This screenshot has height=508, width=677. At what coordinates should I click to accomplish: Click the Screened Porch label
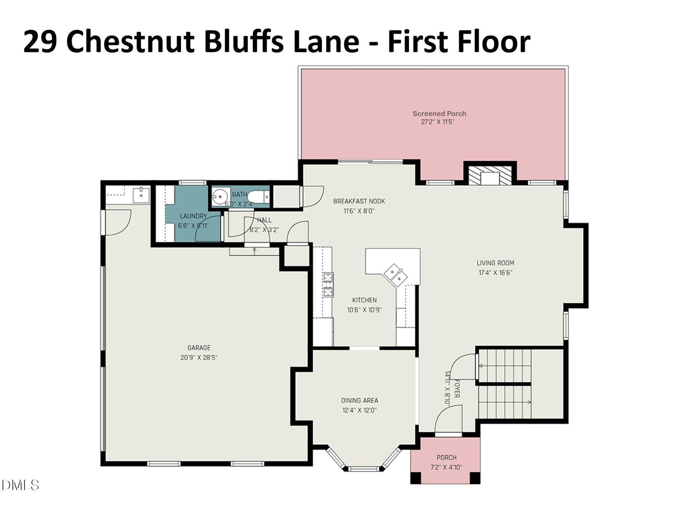click(439, 114)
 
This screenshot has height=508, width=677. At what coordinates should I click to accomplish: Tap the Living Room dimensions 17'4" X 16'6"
click(495, 273)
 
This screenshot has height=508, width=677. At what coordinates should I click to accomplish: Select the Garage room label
click(199, 348)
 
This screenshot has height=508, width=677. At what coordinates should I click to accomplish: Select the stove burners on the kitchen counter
click(328, 284)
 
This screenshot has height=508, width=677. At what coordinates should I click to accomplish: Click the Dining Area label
click(359, 401)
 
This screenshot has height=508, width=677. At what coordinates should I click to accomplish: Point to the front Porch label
click(446, 457)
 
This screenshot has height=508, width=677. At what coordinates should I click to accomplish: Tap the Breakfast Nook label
click(359, 201)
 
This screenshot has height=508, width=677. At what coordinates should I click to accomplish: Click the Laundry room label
click(193, 216)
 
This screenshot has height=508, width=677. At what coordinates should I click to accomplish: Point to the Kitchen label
click(364, 300)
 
